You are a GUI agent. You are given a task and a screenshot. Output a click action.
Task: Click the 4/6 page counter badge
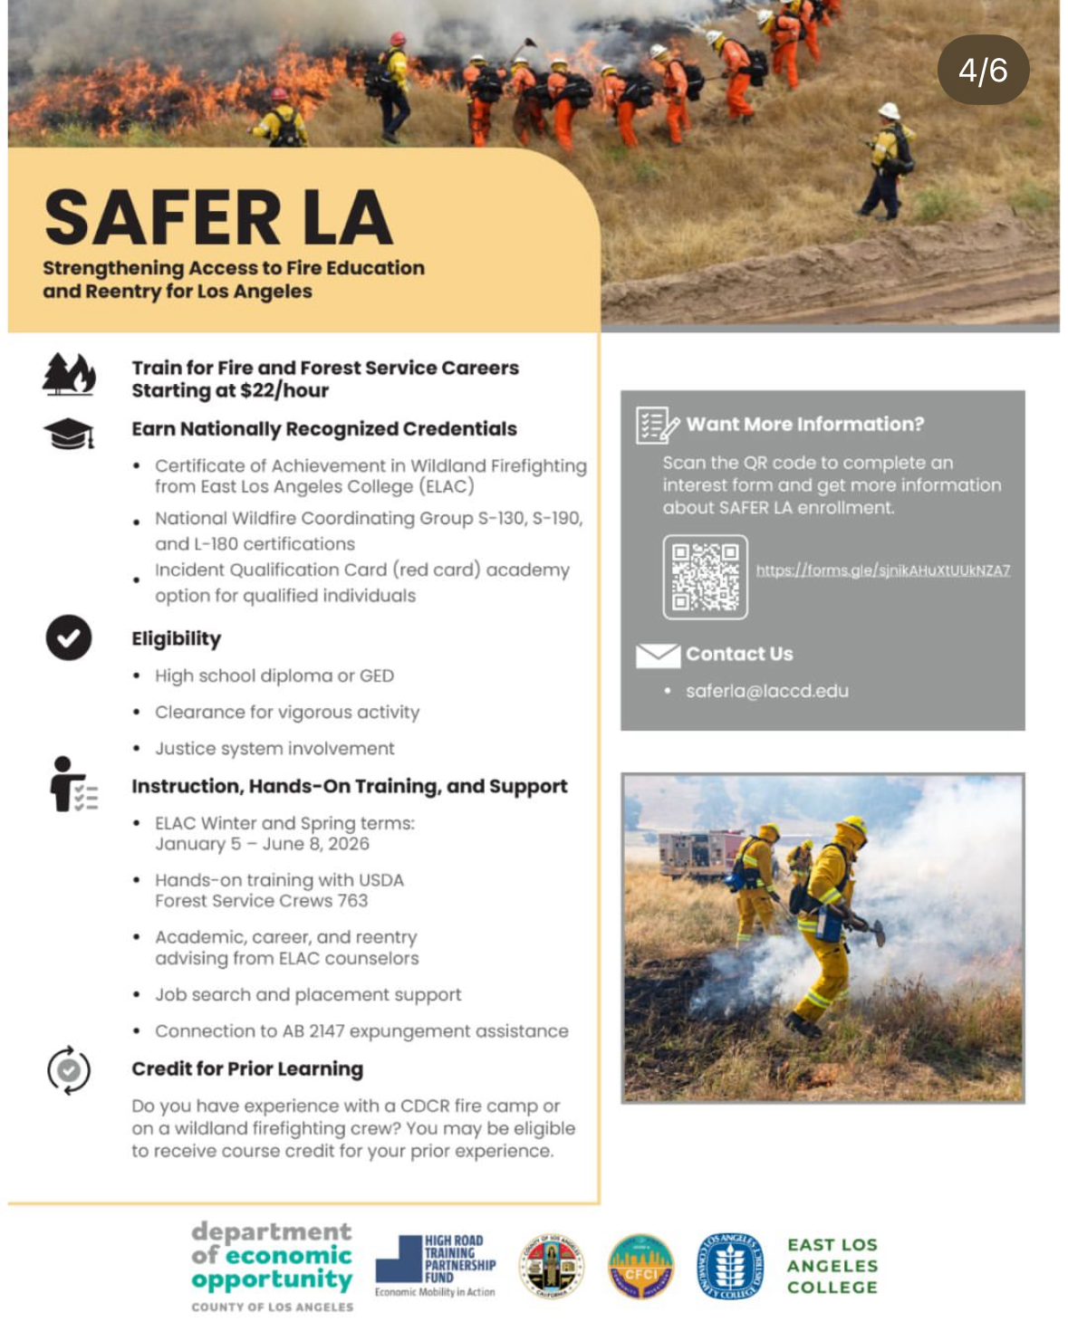click(983, 71)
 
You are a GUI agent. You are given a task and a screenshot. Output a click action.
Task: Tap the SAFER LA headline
click(218, 218)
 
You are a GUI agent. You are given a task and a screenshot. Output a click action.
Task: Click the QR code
click(705, 577)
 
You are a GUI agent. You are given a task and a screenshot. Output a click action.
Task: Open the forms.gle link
click(882, 570)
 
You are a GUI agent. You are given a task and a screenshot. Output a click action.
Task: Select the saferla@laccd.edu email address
click(766, 691)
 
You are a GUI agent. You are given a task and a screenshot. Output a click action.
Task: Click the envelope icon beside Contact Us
click(658, 655)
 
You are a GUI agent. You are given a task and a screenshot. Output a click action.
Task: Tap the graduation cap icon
click(69, 434)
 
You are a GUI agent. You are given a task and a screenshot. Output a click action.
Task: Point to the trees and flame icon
click(69, 374)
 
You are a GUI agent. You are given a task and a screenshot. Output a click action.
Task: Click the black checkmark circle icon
click(69, 637)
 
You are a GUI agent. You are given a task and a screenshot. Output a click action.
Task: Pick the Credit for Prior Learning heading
click(247, 1069)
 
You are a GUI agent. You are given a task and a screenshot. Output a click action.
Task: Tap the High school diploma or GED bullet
click(274, 676)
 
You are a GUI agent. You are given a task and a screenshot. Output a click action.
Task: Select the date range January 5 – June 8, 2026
click(262, 844)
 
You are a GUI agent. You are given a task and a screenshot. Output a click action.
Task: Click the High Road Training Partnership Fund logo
click(436, 1266)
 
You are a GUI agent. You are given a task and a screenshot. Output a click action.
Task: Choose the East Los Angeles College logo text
click(832, 1266)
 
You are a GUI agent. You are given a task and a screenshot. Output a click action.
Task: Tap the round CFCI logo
click(640, 1266)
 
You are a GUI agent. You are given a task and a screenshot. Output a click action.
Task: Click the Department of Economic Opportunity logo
click(272, 1265)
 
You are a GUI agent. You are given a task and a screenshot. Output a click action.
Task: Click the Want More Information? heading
click(804, 425)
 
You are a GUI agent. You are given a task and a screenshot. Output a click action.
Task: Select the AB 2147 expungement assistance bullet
click(361, 1031)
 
